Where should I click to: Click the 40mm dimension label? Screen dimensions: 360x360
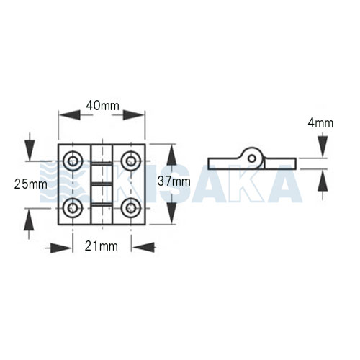pyautogui.click(x=103, y=106)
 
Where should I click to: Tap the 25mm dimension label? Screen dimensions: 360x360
pyautogui.click(x=31, y=184)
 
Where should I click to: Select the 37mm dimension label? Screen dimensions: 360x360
pyautogui.click(x=174, y=181)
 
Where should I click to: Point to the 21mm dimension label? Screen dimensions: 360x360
pyautogui.click(x=102, y=246)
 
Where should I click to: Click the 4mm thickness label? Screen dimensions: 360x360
pyautogui.click(x=320, y=123)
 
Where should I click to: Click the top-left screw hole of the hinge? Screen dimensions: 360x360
pyautogui.click(x=73, y=161)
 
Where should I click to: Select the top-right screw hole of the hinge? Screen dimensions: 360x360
pyautogui.click(x=131, y=161)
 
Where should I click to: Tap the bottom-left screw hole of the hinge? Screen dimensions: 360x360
pyautogui.click(x=73, y=208)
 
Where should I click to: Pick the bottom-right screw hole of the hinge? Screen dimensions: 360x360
pyautogui.click(x=131, y=208)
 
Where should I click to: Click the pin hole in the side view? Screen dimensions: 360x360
pyautogui.click(x=252, y=158)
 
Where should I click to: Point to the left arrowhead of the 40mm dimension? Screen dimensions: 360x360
pyautogui.click(x=70, y=115)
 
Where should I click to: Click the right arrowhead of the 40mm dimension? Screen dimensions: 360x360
pyautogui.click(x=133, y=115)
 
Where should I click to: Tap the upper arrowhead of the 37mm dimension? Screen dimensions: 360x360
pyautogui.click(x=171, y=156)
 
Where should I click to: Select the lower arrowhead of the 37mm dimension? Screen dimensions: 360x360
pyautogui.click(x=171, y=213)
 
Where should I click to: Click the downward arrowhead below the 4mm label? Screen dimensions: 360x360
pyautogui.click(x=323, y=147)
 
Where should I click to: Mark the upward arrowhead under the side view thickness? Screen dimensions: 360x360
pyautogui.click(x=323, y=180)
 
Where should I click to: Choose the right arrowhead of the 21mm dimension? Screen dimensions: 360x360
pyautogui.click(x=144, y=247)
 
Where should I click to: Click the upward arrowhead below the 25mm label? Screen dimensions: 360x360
pyautogui.click(x=29, y=219)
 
